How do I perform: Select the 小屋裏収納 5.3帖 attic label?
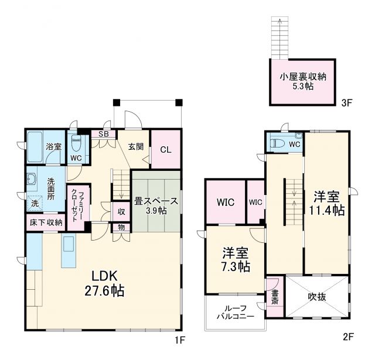point(302,81)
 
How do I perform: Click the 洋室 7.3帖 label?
point(236,260)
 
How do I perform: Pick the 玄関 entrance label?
point(135,147)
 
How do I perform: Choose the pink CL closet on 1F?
point(165,149)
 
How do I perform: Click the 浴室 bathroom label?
point(54,146)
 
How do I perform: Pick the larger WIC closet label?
point(225,203)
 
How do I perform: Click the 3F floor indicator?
point(346,103)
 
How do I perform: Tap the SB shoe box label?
point(103,133)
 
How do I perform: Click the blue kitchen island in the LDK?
point(68,251)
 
